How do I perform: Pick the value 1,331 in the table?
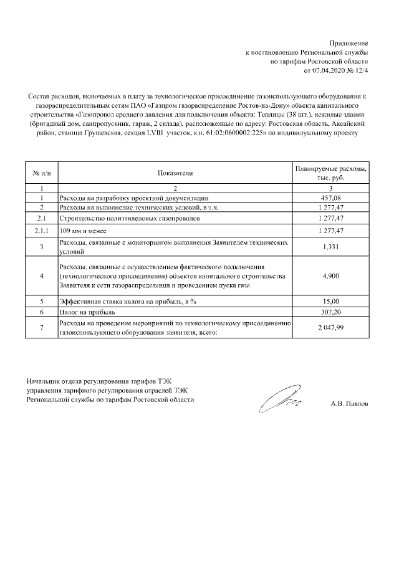tap(330, 247)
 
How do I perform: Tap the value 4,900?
tap(330, 275)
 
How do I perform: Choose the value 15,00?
tap(330, 301)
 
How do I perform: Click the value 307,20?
tap(330, 312)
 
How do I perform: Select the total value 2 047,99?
tap(330, 328)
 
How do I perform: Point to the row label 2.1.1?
tap(41, 231)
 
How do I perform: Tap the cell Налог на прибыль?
tap(84, 312)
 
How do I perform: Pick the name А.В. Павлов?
tap(349, 403)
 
